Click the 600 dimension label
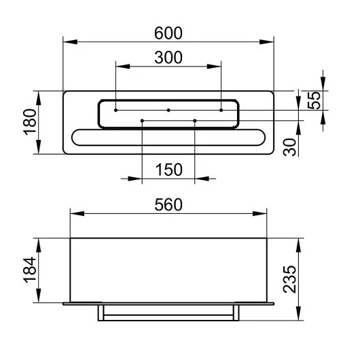pyautogui.click(x=168, y=33)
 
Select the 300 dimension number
pyautogui.click(x=168, y=58)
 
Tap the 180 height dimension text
pyautogui.click(x=30, y=122)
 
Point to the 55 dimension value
pyautogui.click(x=314, y=101)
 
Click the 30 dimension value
pyautogui.click(x=290, y=147)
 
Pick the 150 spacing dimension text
pyautogui.click(x=168, y=170)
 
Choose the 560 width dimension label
pyautogui.click(x=168, y=205)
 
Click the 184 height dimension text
pyautogui.click(x=30, y=270)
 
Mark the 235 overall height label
pyautogui.click(x=290, y=279)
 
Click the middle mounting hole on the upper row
pyautogui.click(x=168, y=110)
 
